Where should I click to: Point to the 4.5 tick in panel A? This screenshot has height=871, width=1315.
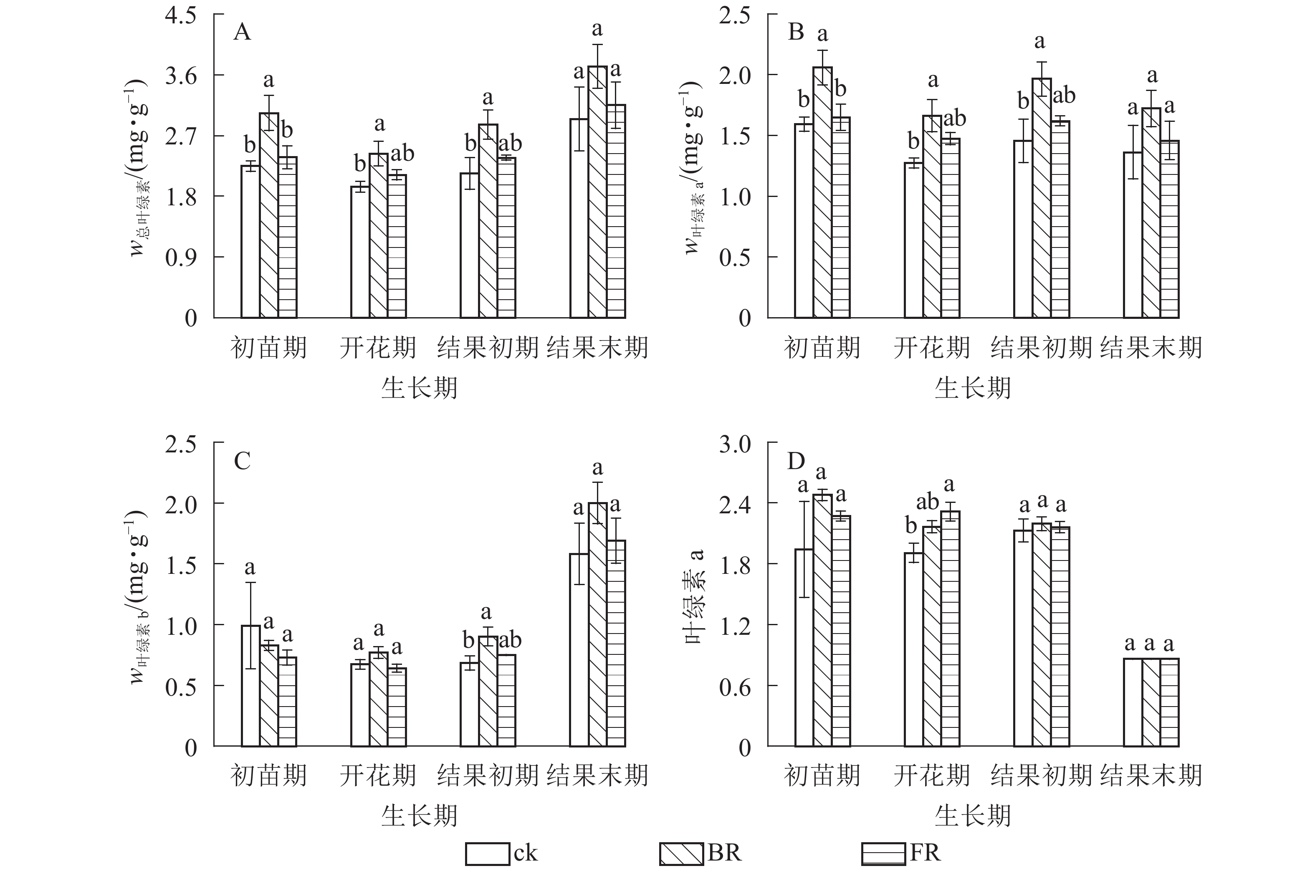click(x=181, y=15)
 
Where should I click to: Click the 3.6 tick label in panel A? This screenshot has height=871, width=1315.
click(x=181, y=76)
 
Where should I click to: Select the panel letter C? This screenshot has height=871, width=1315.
click(x=242, y=460)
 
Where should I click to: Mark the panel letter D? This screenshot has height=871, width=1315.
click(x=796, y=460)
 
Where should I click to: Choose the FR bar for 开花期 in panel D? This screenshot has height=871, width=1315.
click(x=951, y=628)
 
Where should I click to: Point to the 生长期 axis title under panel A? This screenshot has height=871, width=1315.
click(x=420, y=387)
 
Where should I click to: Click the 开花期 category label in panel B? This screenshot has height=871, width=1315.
click(x=932, y=347)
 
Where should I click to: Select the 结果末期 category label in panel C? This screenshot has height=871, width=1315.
click(x=597, y=775)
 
